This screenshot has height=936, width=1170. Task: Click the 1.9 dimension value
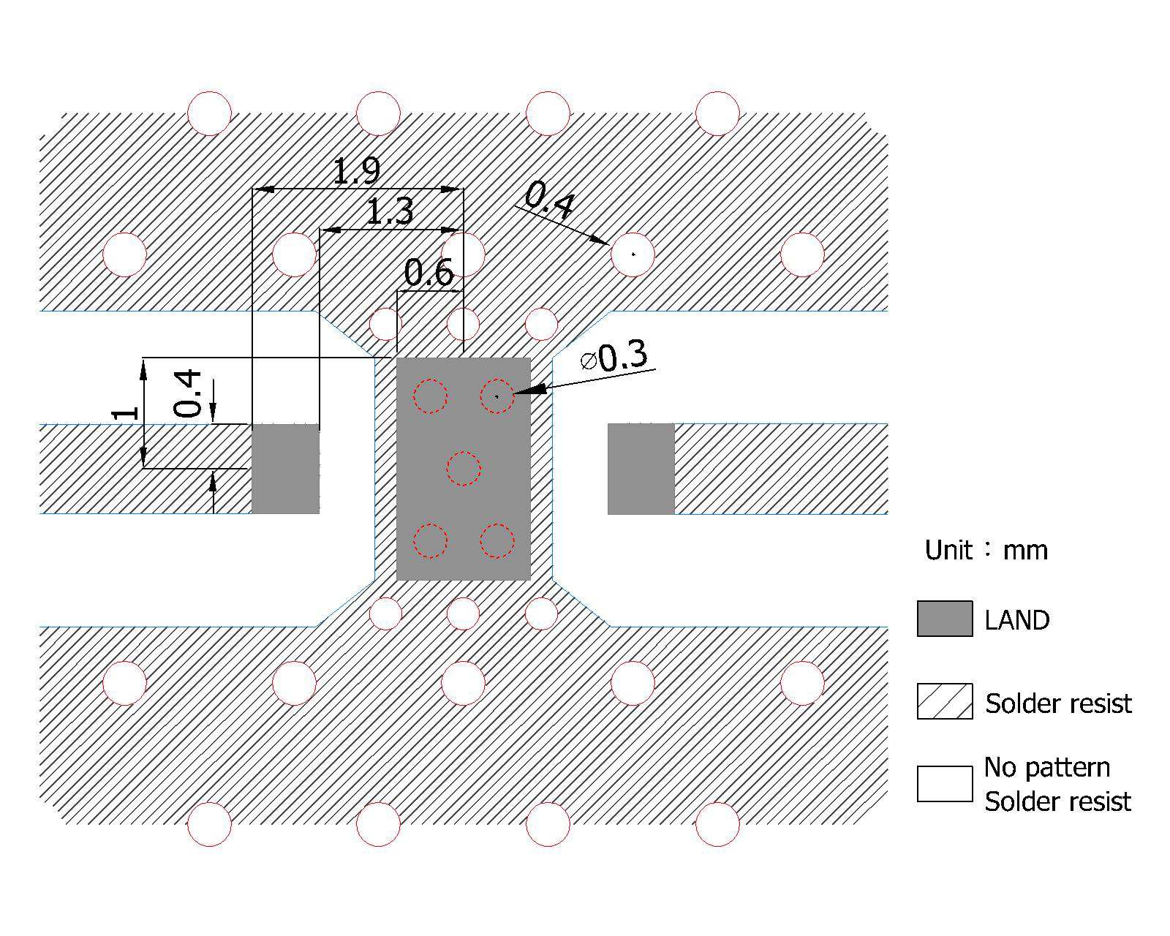[x=356, y=171]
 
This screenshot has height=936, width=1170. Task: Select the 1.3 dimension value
[x=389, y=212]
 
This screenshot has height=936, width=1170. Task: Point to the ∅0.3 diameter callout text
[x=614, y=358]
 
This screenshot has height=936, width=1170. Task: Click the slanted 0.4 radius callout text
[x=549, y=200]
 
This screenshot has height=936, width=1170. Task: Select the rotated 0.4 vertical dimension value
[x=188, y=393]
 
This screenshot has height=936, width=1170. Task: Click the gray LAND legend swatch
[x=945, y=619]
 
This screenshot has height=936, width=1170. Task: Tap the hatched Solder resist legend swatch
[x=945, y=701]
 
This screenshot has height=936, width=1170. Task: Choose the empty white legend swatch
[x=945, y=784]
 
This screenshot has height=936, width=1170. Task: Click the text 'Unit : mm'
[x=986, y=550]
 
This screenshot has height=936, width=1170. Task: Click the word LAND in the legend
[x=1017, y=620]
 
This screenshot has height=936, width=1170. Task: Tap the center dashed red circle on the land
[x=463, y=469]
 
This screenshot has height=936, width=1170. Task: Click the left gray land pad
[x=285, y=469]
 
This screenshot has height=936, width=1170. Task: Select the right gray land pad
[x=641, y=469]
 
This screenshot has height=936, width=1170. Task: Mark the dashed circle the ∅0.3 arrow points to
[x=497, y=396]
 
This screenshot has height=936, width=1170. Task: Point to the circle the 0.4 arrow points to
[x=633, y=254]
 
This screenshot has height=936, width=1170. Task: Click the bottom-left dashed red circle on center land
[x=430, y=541]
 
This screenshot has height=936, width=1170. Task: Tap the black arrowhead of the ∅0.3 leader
[x=532, y=390]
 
